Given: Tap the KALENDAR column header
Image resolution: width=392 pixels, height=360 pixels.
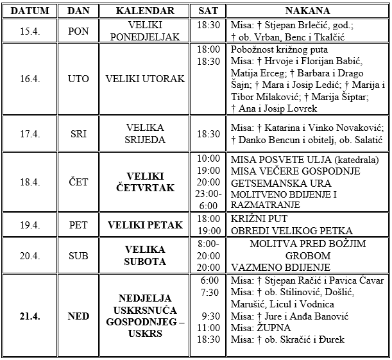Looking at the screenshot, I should [146, 12].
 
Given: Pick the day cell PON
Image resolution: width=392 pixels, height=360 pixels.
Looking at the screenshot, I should [79, 31].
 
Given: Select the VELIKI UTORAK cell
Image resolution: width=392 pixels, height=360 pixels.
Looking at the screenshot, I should [146, 79].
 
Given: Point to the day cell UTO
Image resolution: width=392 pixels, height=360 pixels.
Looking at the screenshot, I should [79, 79].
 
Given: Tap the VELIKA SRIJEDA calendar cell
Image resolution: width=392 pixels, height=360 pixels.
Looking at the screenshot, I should [146, 134].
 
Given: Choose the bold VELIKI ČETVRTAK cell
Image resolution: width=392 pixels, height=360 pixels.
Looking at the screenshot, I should [146, 182].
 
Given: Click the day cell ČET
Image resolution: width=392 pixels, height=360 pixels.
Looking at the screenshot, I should [79, 182].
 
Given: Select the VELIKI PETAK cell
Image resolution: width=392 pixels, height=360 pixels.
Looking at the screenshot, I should [146, 225].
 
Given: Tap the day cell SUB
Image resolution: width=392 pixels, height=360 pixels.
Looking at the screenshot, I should [79, 256].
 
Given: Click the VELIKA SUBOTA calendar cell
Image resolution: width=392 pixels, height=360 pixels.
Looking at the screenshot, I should [146, 256].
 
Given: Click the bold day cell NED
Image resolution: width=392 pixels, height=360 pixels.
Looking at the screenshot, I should [79, 316].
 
